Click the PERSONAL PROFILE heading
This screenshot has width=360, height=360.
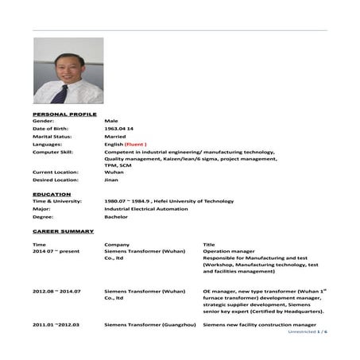pos(64,113)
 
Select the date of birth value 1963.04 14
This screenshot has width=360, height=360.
pos(119,128)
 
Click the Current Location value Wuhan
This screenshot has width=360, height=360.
pos(114,172)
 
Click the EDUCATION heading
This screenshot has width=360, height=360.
pos(52,194)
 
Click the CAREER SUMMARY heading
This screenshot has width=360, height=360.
pos(64,231)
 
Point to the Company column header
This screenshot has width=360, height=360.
pos(118,244)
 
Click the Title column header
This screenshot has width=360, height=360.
pos(209,244)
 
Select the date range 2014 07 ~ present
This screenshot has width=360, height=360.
pos(56,251)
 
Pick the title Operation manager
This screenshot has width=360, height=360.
pos(230,251)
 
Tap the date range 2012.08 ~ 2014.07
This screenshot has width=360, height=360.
pos(58,291)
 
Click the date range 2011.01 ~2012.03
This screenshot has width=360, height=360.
pos(58,325)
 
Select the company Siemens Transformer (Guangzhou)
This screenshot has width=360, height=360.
pos(150,325)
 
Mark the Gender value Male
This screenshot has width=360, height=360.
pos(112,121)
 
